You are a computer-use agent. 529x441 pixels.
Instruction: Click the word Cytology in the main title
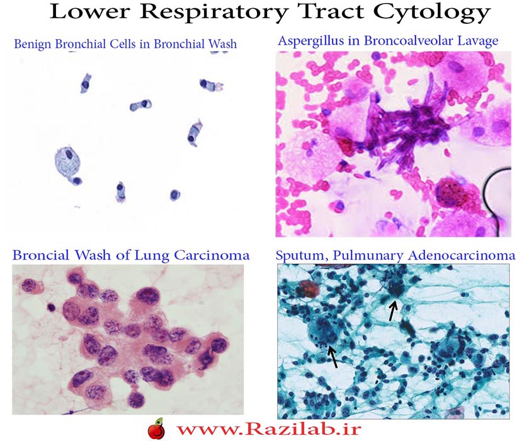(x=432, y=13)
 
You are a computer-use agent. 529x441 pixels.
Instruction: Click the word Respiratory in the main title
(x=213, y=13)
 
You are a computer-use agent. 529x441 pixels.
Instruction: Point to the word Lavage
(x=477, y=42)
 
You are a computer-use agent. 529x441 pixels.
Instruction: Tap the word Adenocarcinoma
(x=462, y=255)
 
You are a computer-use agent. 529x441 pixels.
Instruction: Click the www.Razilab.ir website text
(x=268, y=429)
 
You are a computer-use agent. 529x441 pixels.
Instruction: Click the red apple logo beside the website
(x=157, y=429)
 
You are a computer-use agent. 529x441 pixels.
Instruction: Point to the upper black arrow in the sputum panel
(x=392, y=311)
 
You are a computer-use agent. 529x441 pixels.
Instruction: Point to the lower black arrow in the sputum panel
(x=333, y=357)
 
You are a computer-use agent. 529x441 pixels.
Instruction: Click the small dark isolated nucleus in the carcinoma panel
(x=51, y=307)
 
